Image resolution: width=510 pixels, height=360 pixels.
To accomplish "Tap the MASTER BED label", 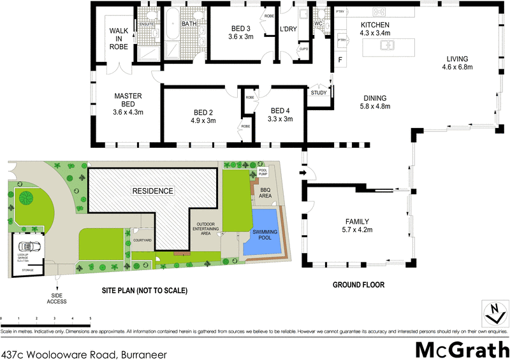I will tap(127, 96).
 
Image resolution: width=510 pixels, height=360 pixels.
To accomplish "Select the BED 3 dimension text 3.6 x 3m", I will tap(240, 36).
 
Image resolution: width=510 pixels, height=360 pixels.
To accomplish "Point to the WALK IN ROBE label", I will tap(119, 38).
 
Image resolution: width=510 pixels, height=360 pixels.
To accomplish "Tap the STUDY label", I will tap(319, 93).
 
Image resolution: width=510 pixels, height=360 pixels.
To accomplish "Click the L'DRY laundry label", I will tap(289, 29).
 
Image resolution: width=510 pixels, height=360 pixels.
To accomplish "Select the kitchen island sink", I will tap(387, 45).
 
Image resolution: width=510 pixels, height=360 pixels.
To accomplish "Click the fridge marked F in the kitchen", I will tap(340, 61).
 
